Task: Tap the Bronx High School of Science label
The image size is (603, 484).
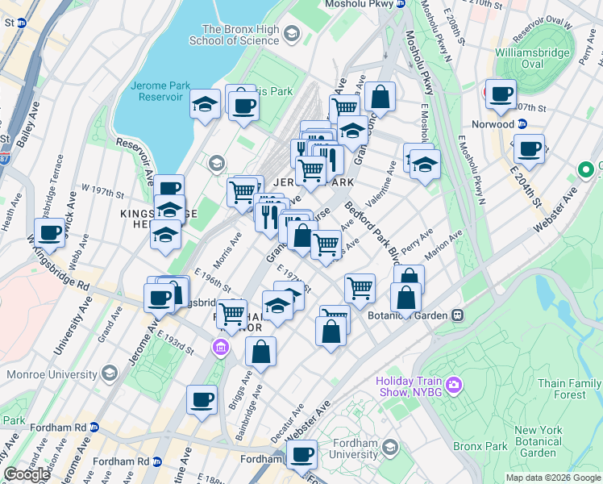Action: tap(234, 34)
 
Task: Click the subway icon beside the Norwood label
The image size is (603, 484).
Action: tap(522, 124)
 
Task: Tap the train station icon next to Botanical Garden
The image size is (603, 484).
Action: tap(457, 315)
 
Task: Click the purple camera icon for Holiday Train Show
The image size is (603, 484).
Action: tap(453, 386)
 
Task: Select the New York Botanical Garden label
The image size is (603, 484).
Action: tap(538, 441)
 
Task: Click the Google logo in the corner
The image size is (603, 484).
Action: tap(27, 474)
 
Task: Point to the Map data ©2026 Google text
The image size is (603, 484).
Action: tap(552, 478)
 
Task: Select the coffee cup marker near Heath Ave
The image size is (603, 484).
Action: tap(50, 233)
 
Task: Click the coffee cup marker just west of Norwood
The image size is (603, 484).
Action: tap(500, 94)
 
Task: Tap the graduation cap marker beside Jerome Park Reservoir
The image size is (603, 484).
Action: tap(206, 104)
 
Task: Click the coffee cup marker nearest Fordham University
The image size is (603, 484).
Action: tap(301, 455)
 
